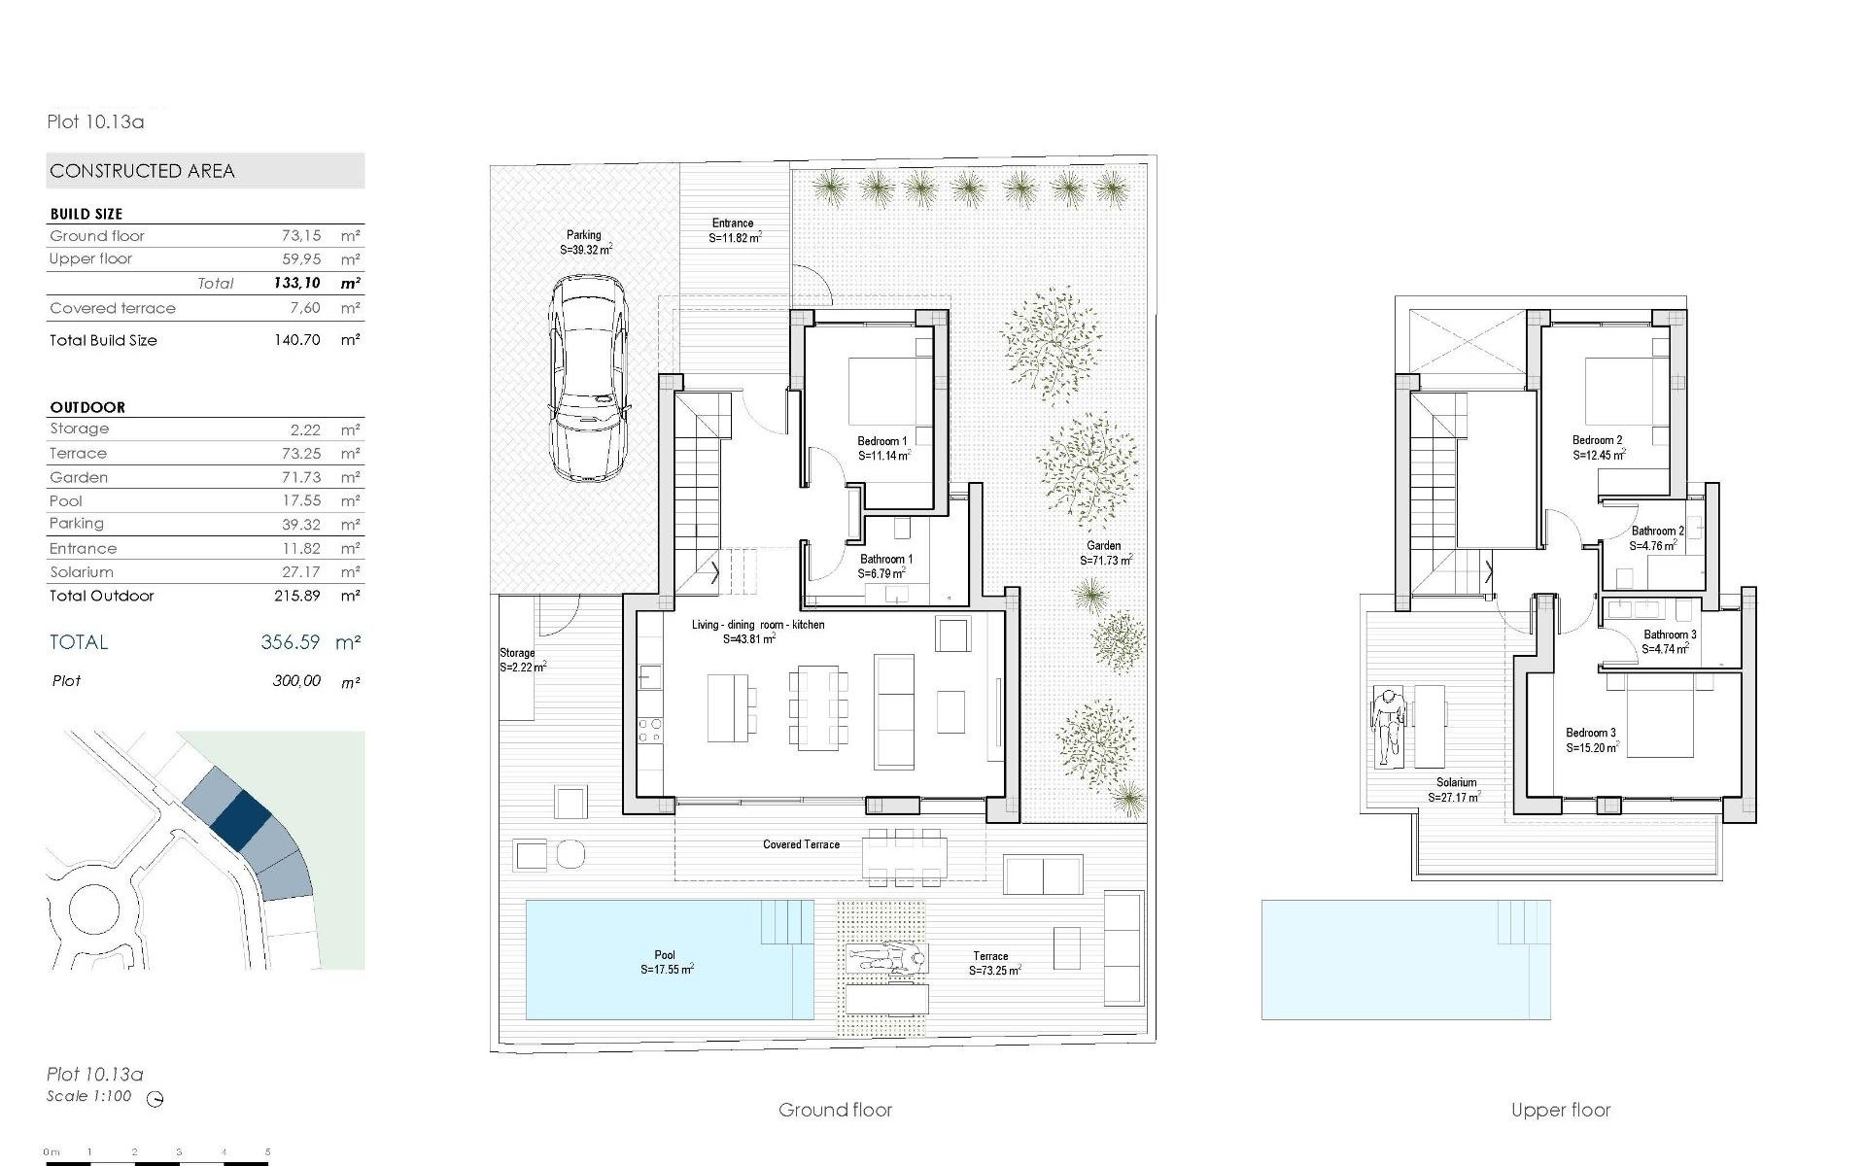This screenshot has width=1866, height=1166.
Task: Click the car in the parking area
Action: (x=588, y=377)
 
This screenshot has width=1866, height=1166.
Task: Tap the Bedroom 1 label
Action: (x=882, y=441)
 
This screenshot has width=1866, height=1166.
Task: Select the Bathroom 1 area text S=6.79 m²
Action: (x=881, y=574)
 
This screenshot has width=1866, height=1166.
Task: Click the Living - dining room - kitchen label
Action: (x=758, y=625)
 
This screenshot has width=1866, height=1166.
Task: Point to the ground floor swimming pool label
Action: (x=665, y=956)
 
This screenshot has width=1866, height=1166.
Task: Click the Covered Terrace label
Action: (x=801, y=844)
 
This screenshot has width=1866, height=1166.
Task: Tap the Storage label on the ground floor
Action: (x=517, y=653)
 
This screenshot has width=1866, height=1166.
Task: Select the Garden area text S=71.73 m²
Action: (x=1106, y=561)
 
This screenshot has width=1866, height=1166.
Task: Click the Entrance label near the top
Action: (x=733, y=223)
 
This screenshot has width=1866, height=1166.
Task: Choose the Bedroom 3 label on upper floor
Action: (x=1591, y=733)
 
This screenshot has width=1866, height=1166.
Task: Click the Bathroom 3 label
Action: (x=1670, y=634)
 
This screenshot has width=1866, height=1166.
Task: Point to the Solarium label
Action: (x=1456, y=782)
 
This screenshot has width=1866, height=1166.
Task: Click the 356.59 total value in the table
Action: (x=290, y=642)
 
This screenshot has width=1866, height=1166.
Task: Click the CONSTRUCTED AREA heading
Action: (x=143, y=171)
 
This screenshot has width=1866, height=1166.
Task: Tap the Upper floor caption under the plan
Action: (x=1561, y=1110)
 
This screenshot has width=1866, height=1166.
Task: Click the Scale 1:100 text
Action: (x=89, y=1096)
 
